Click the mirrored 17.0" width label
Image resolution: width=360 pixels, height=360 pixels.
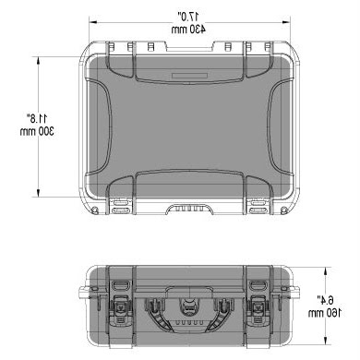pyautogui.click(x=188, y=16)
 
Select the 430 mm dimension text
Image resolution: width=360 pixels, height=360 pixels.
pyautogui.click(x=188, y=30)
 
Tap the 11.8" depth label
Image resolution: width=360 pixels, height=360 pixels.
pyautogui.click(x=37, y=118)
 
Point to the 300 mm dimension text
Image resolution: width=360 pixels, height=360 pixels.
pyautogui.click(x=37, y=131)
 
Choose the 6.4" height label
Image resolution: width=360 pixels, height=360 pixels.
pyautogui.click(x=326, y=299)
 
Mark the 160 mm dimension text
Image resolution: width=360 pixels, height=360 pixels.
pyautogui.click(x=325, y=313)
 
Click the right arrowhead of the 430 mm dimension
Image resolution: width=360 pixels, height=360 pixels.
pyautogui.click(x=286, y=22)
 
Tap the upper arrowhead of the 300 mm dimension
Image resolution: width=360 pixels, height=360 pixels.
pyautogui.click(x=39, y=60)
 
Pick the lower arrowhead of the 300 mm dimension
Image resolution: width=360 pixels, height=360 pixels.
pyautogui.click(x=39, y=193)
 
